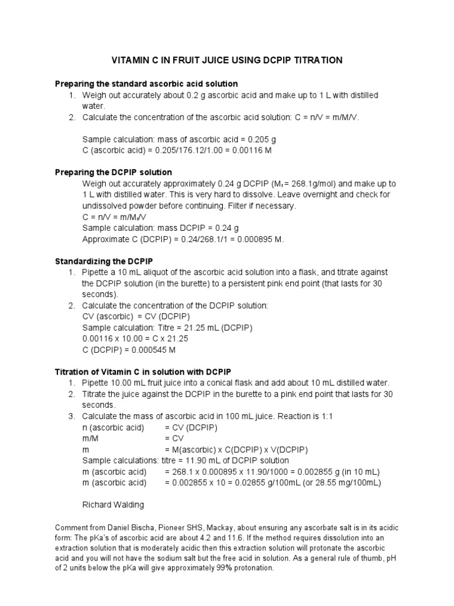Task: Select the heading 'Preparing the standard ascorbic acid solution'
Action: click(147, 84)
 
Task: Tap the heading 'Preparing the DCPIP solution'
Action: click(113, 172)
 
